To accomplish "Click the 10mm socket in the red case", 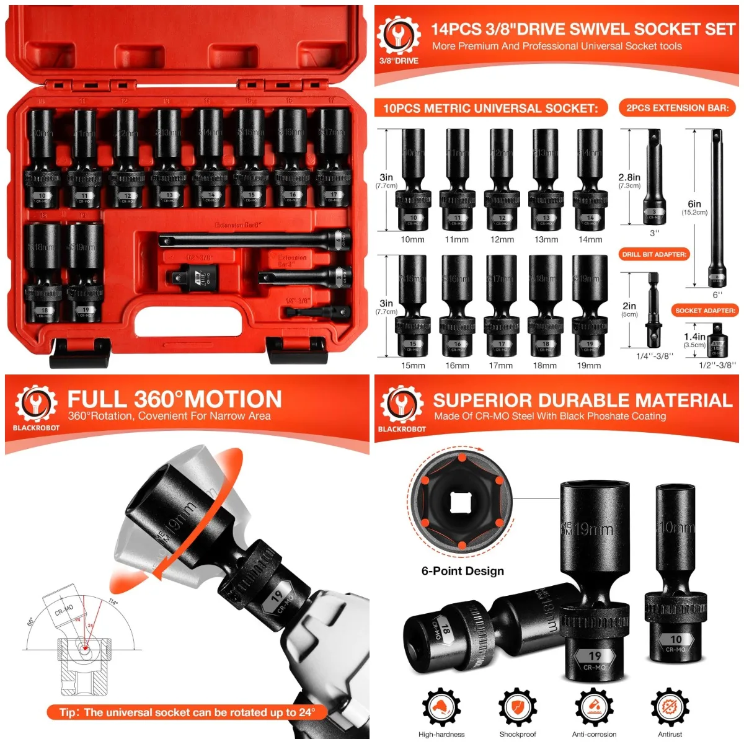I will (42, 158).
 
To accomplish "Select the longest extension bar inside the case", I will (254, 240).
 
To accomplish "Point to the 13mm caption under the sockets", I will (546, 240).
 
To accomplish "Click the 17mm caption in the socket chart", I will (501, 366).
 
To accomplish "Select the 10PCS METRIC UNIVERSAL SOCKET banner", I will (490, 108).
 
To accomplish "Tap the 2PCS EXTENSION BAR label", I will (677, 108).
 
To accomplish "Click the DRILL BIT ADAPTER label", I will (654, 254).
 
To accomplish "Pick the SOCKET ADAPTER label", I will (705, 310).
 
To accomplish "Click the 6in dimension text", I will (694, 204).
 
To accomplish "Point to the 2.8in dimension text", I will (629, 177).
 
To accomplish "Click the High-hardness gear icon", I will (441, 707).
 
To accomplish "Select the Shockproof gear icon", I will (518, 707).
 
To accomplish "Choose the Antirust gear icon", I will (670, 707).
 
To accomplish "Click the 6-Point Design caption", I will (463, 571).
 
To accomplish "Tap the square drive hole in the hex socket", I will (460, 502).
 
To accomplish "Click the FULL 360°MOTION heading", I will (174, 399).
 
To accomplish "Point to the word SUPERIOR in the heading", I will (482, 401).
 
